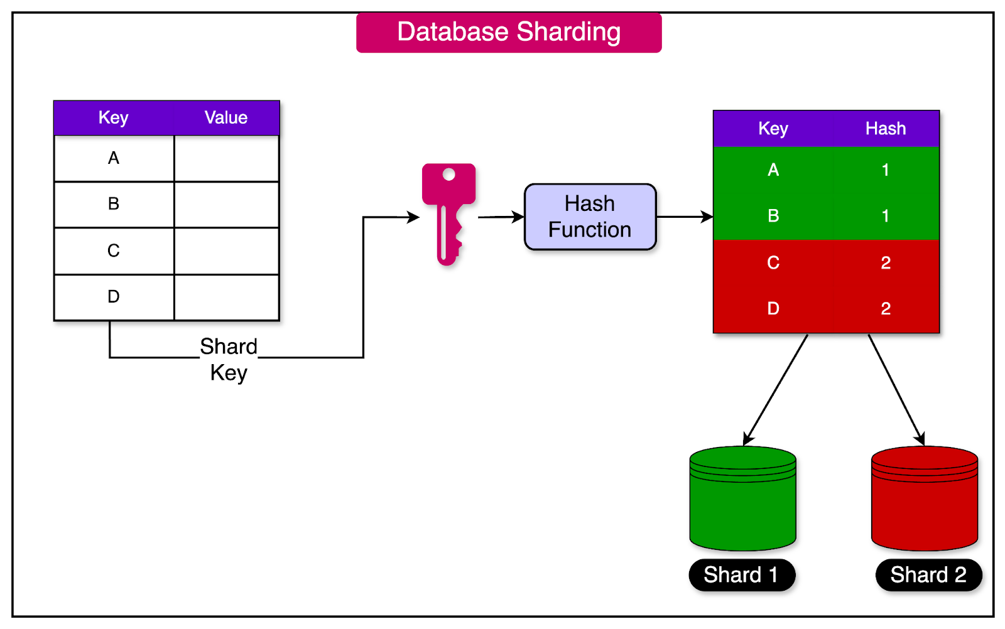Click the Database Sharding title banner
click(x=509, y=33)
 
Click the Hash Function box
click(x=590, y=217)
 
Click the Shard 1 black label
click(x=741, y=575)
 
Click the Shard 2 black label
click(x=928, y=575)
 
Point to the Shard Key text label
click(x=229, y=359)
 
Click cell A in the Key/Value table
click(x=114, y=158)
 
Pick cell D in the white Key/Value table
click(x=114, y=297)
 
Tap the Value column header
click(x=226, y=118)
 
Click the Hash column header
click(x=886, y=129)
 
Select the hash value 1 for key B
click(x=886, y=216)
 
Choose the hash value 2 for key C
click(x=886, y=262)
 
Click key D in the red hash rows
click(x=773, y=309)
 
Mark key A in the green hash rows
click(x=773, y=170)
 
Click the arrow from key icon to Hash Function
click(x=501, y=217)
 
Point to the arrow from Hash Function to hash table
click(x=685, y=217)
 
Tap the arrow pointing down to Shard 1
click(x=776, y=389)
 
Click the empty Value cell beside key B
click(x=227, y=205)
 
